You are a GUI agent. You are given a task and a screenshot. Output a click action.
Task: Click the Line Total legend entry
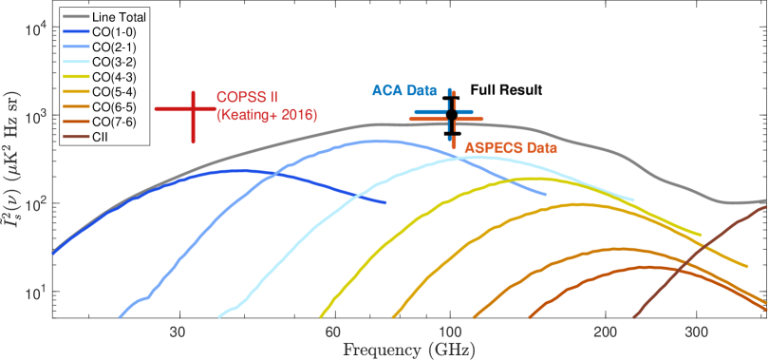pyautogui.click(x=105, y=17)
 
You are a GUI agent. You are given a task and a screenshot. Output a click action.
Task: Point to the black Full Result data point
pyautogui.click(x=452, y=114)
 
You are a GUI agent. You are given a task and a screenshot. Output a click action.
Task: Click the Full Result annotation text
pyautogui.click(x=506, y=90)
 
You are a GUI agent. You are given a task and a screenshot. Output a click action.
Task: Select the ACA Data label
pyautogui.click(x=404, y=90)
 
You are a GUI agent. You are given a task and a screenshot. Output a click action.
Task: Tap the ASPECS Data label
pyautogui.click(x=511, y=146)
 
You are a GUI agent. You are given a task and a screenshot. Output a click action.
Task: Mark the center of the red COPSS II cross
pyautogui.click(x=194, y=108)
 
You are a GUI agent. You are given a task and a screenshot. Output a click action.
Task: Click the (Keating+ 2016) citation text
pyautogui.click(x=267, y=116)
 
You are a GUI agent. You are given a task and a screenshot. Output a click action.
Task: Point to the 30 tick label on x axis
pyautogui.click(x=180, y=332)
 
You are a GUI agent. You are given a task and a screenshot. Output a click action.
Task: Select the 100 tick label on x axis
pyautogui.click(x=450, y=332)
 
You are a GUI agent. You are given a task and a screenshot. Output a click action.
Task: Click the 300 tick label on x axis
pyautogui.click(x=698, y=332)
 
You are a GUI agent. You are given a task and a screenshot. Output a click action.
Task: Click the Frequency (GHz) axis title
pyautogui.click(x=409, y=351)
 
